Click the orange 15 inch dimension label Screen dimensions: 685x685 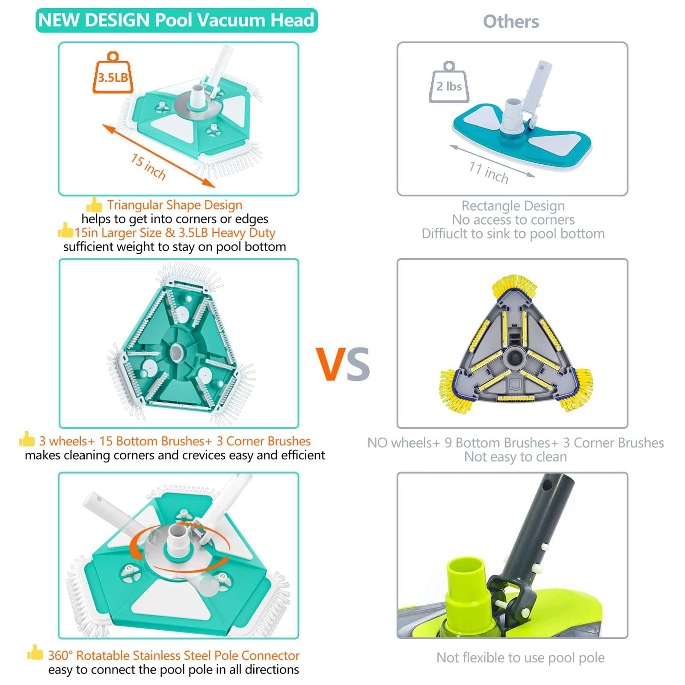point(148,167)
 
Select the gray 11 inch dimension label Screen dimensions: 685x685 point(489,172)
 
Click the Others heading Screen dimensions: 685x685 point(511,21)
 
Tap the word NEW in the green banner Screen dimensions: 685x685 point(59,20)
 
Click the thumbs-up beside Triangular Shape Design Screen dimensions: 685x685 point(94,205)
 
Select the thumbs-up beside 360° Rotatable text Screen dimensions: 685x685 point(35,653)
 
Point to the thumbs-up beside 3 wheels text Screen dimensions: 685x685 point(27,439)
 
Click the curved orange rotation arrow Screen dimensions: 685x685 point(138,547)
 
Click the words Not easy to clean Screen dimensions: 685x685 point(515,457)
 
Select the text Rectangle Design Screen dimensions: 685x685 point(513,206)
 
